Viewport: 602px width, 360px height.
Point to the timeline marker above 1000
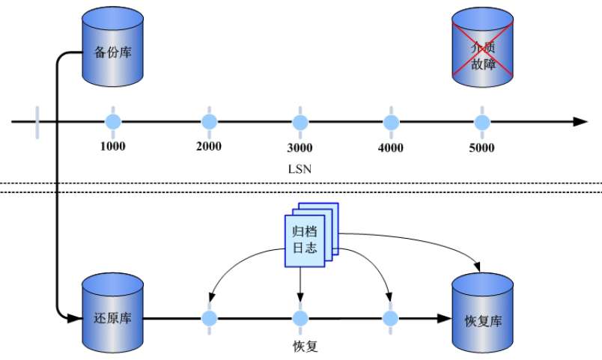pyautogui.click(x=112, y=121)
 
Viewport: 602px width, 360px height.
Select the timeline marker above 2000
pyautogui.click(x=209, y=121)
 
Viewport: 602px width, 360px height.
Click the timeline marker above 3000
pyautogui.click(x=300, y=121)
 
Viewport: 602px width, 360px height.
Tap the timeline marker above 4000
pyautogui.click(x=391, y=121)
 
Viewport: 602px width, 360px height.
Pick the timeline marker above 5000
pyautogui.click(x=482, y=121)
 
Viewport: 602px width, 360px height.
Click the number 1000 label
pyautogui.click(x=112, y=146)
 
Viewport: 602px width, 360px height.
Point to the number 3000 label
pyautogui.click(x=300, y=147)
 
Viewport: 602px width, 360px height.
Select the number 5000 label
pyautogui.click(x=482, y=147)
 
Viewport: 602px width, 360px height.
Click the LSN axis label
pyautogui.click(x=300, y=169)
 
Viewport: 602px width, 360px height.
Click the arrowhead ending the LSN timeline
pyautogui.click(x=580, y=121)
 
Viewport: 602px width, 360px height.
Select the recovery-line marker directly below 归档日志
pyautogui.click(x=300, y=318)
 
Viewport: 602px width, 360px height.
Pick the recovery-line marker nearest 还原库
pyautogui.click(x=209, y=318)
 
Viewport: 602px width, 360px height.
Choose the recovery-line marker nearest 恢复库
pyautogui.click(x=389, y=318)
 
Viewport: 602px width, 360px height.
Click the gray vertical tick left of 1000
pyautogui.click(x=36, y=121)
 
